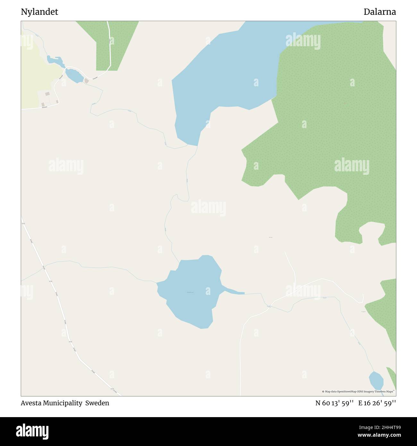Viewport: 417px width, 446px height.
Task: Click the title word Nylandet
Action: click(39, 12)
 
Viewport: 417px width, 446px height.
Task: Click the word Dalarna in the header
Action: click(379, 12)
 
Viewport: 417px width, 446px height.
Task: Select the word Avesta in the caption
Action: click(32, 403)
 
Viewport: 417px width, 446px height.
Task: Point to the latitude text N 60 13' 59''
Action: click(334, 403)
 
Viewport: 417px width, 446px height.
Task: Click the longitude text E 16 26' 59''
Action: click(377, 403)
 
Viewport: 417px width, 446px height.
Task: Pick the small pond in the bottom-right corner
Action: click(376, 380)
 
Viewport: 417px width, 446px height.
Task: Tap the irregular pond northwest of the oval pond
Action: click(54, 60)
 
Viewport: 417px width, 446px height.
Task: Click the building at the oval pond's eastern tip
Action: click(86, 81)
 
